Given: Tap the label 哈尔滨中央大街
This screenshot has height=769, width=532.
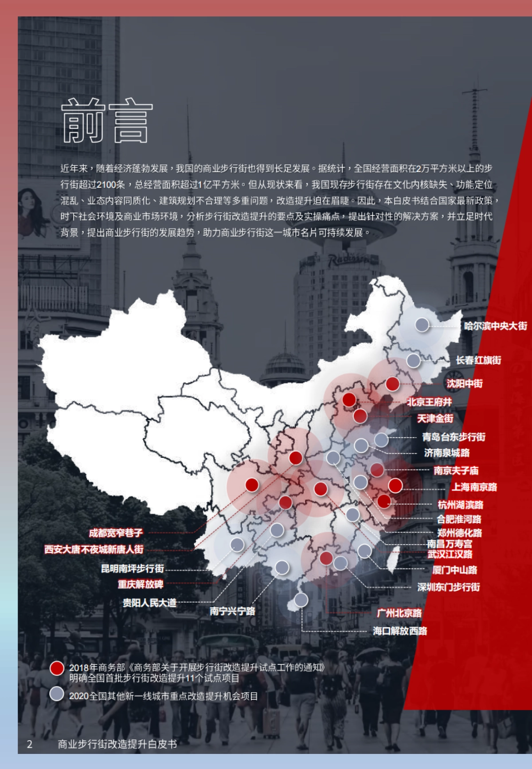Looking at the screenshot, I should [x=495, y=326].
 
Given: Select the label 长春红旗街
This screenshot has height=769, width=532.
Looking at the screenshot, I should [x=478, y=360].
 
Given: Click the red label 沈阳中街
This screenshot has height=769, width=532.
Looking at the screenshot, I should [x=464, y=383].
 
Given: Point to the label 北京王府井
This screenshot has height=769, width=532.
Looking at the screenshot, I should [x=429, y=402].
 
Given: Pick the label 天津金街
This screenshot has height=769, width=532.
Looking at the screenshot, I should [x=435, y=418].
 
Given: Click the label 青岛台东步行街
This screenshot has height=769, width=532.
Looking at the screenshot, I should [x=454, y=437].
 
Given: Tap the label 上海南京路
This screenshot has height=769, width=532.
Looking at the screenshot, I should [x=474, y=487].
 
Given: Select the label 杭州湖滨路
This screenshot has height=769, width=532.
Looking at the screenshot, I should [x=460, y=504].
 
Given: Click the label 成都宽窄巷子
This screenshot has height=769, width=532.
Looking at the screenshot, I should [x=116, y=533].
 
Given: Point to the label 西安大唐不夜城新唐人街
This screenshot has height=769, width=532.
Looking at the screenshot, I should [x=94, y=550].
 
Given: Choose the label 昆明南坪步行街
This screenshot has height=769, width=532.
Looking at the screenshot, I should [x=133, y=568].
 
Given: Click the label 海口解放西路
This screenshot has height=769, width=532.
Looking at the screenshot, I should [x=400, y=631].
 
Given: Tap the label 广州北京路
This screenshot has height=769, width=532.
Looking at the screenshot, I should [x=399, y=613].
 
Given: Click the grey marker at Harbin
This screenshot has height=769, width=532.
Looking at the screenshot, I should [x=422, y=325].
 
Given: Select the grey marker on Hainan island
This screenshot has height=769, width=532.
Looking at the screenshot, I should [x=301, y=600].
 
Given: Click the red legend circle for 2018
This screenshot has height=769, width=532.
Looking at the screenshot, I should [x=57, y=668].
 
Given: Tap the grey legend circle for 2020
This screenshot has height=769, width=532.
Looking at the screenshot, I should [x=57, y=694].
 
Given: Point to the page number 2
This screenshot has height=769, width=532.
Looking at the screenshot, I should [x=30, y=744].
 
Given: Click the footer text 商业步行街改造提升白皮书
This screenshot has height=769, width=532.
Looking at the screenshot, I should [x=117, y=744].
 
